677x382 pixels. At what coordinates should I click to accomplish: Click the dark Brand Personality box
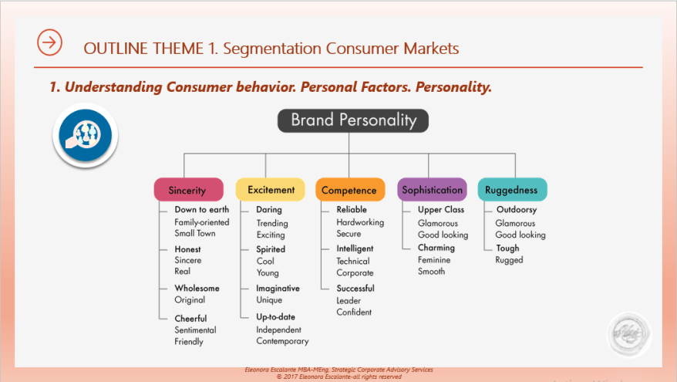352,120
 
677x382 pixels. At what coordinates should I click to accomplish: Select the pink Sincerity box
187,190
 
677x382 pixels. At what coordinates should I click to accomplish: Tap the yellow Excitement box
271,190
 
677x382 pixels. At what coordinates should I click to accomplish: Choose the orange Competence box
349,190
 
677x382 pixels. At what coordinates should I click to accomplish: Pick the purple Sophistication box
432,190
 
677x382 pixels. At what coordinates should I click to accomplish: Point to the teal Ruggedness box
511,190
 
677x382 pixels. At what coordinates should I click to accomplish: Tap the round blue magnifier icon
85,135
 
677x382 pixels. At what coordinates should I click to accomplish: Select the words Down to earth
201,210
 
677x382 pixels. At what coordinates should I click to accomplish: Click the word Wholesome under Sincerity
197,288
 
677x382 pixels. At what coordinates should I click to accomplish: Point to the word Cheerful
190,318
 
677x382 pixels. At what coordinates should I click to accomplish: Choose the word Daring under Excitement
269,210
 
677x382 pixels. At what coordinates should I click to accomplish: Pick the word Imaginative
278,288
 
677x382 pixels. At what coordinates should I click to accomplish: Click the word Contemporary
282,341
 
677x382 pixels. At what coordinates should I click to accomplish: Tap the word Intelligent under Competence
355,248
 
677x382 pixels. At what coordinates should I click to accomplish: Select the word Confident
354,313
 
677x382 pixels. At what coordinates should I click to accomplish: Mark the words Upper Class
441,210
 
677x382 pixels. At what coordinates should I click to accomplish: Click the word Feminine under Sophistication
434,260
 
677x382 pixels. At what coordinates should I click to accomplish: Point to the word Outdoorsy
517,210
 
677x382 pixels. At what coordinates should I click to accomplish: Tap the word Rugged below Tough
509,260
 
